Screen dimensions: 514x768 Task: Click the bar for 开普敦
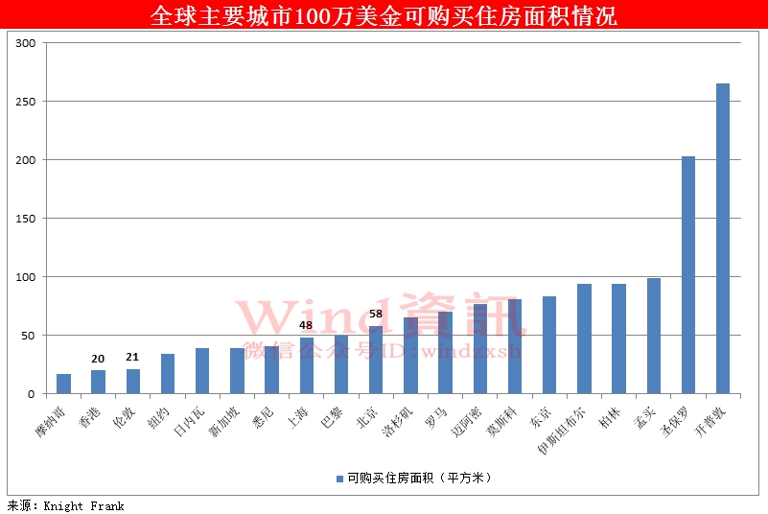723,239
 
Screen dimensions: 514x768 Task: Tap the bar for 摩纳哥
63,384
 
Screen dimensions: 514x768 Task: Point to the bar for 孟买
654,336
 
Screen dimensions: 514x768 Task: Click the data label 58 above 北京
376,314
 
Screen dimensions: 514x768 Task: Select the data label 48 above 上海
307,325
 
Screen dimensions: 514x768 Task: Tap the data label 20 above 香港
98,359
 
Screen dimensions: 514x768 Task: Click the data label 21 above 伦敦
132,358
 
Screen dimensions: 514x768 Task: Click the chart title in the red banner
384,16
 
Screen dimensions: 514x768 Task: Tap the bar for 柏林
619,339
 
